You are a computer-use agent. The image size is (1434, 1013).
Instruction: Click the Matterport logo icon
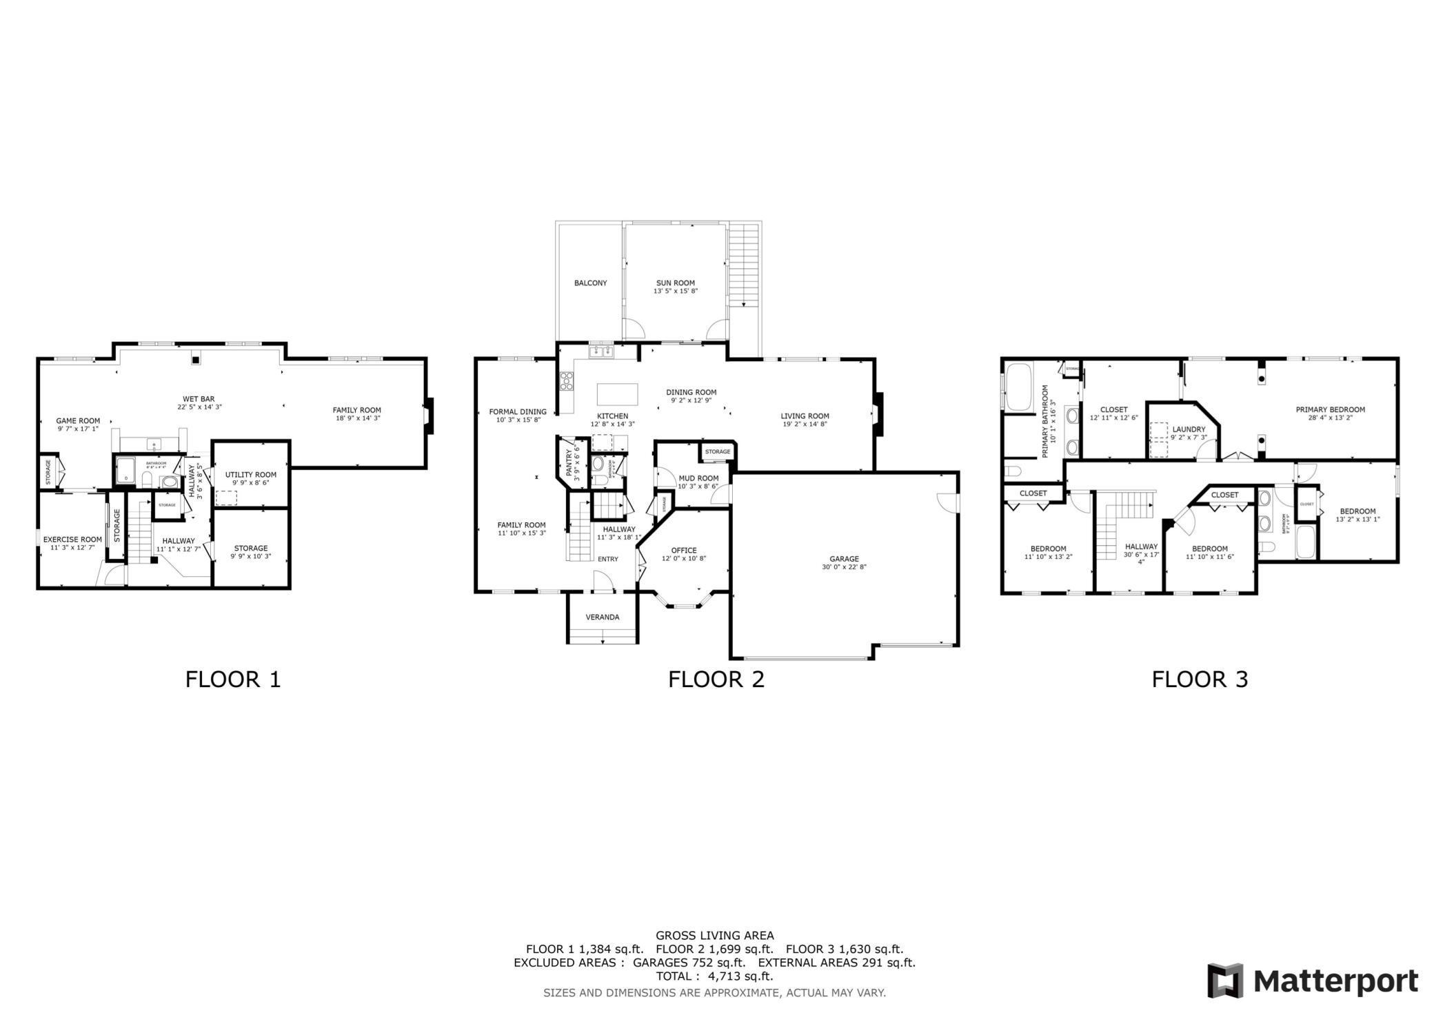pyautogui.click(x=1225, y=981)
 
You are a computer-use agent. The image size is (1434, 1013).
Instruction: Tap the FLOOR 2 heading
pyautogui.click(x=716, y=679)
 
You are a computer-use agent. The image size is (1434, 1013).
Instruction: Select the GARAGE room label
pyautogui.click(x=844, y=559)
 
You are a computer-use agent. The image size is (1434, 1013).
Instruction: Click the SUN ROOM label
pyautogui.click(x=675, y=283)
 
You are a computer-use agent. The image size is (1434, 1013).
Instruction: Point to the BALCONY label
pyautogui.click(x=590, y=283)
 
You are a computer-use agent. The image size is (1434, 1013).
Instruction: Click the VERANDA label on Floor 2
pyautogui.click(x=602, y=617)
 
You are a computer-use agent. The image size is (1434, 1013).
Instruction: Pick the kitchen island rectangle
pyautogui.click(x=617, y=395)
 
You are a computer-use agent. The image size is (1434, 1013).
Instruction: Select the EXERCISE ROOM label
pyautogui.click(x=72, y=540)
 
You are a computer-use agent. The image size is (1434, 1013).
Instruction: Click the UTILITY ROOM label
pyautogui.click(x=250, y=475)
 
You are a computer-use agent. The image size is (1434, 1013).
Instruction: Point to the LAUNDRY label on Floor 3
pyautogui.click(x=1189, y=429)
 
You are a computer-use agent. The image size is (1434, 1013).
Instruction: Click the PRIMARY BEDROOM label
pyautogui.click(x=1330, y=409)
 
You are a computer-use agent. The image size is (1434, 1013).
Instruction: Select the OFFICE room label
pyautogui.click(x=683, y=551)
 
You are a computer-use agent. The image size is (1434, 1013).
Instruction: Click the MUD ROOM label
pyautogui.click(x=698, y=478)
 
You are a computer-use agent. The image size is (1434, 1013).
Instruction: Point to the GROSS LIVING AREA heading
pyautogui.click(x=714, y=936)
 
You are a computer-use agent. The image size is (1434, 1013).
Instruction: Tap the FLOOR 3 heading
pyautogui.click(x=1200, y=679)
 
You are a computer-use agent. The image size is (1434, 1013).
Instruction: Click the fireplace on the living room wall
pyautogui.click(x=878, y=414)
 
